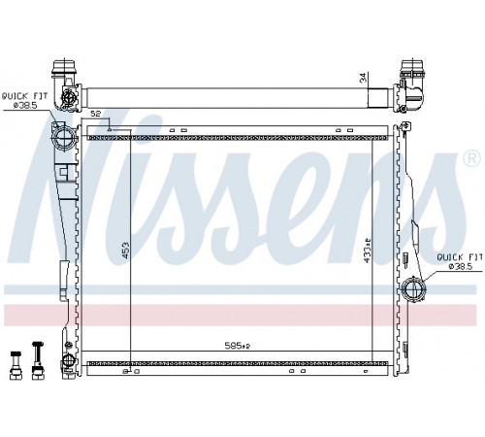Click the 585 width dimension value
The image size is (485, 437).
click(x=238, y=346)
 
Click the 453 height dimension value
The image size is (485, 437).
click(x=125, y=251)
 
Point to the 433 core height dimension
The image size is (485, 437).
click(x=367, y=251)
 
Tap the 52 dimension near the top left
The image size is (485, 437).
click(x=96, y=114)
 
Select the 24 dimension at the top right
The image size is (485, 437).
click(x=364, y=78)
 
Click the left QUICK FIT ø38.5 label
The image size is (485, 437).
click(x=25, y=100)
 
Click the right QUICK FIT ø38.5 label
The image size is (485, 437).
click(x=460, y=261)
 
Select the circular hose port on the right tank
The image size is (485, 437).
click(x=413, y=288)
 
